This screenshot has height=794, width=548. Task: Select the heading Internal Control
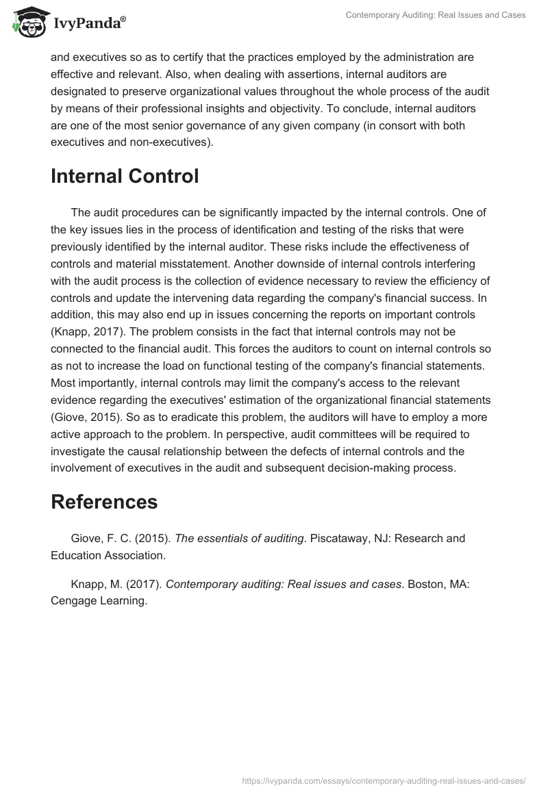click(125, 176)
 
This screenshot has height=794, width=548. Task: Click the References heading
click(104, 502)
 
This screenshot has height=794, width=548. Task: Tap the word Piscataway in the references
click(341, 538)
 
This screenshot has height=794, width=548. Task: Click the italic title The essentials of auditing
click(239, 538)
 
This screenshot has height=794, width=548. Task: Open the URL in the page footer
click(383, 780)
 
